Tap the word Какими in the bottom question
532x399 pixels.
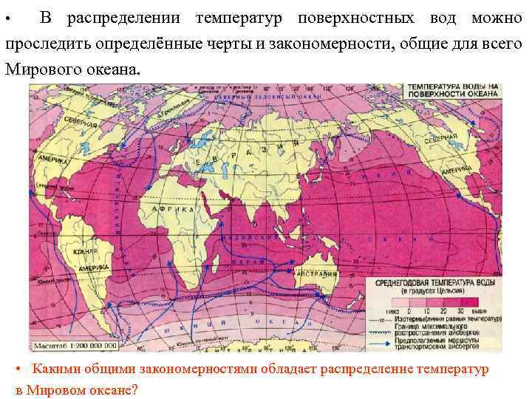[x=57, y=369]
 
